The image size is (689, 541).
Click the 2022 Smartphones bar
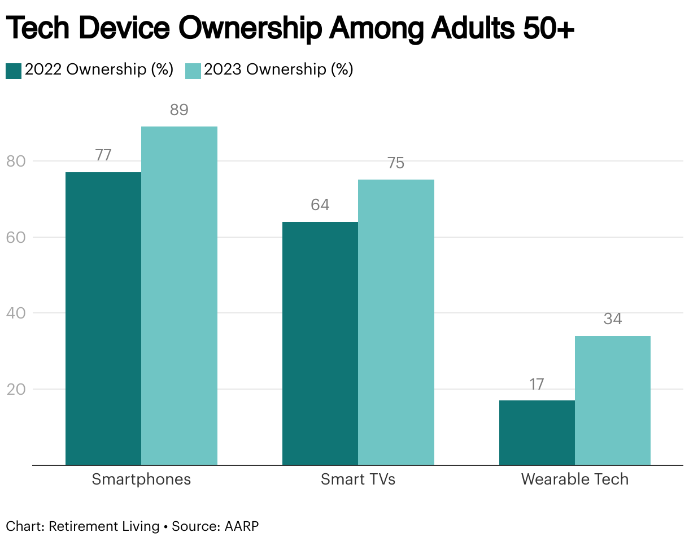(103, 319)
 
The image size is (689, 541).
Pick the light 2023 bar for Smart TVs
(396, 322)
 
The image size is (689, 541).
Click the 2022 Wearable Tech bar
(537, 433)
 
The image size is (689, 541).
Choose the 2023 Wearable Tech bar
(613, 400)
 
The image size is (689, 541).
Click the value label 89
(179, 110)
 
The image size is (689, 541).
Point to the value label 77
(103, 155)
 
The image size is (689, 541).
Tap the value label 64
(320, 205)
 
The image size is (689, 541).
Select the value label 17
(537, 385)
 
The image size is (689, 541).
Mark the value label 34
(613, 319)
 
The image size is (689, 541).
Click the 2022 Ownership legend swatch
(14, 71)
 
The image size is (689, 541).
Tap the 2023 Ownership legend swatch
(193, 71)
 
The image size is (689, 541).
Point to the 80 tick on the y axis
(16, 162)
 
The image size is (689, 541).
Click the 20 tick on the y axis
(16, 390)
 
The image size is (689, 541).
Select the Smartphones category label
(141, 479)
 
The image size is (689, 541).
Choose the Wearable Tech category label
(574, 479)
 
